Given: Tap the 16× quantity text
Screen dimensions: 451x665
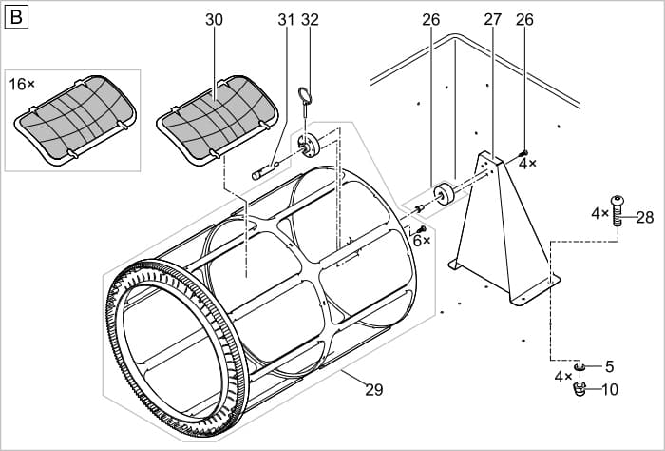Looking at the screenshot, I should tap(22, 84).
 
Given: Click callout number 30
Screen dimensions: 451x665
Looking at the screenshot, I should tap(215, 19).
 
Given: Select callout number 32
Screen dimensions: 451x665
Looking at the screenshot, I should tap(310, 19).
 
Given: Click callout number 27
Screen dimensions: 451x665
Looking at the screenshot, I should tap(492, 19).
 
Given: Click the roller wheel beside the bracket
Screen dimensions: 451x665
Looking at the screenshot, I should tap(443, 195).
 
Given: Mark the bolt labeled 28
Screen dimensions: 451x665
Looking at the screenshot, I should tap(618, 208).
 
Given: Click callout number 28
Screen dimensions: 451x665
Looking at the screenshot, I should tap(645, 218).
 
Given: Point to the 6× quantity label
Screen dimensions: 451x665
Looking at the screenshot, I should tap(421, 241).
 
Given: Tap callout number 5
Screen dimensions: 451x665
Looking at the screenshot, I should tap(609, 366).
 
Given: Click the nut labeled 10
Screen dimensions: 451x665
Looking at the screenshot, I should tap(581, 391).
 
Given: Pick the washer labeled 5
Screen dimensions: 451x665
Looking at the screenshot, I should tap(580, 367).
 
